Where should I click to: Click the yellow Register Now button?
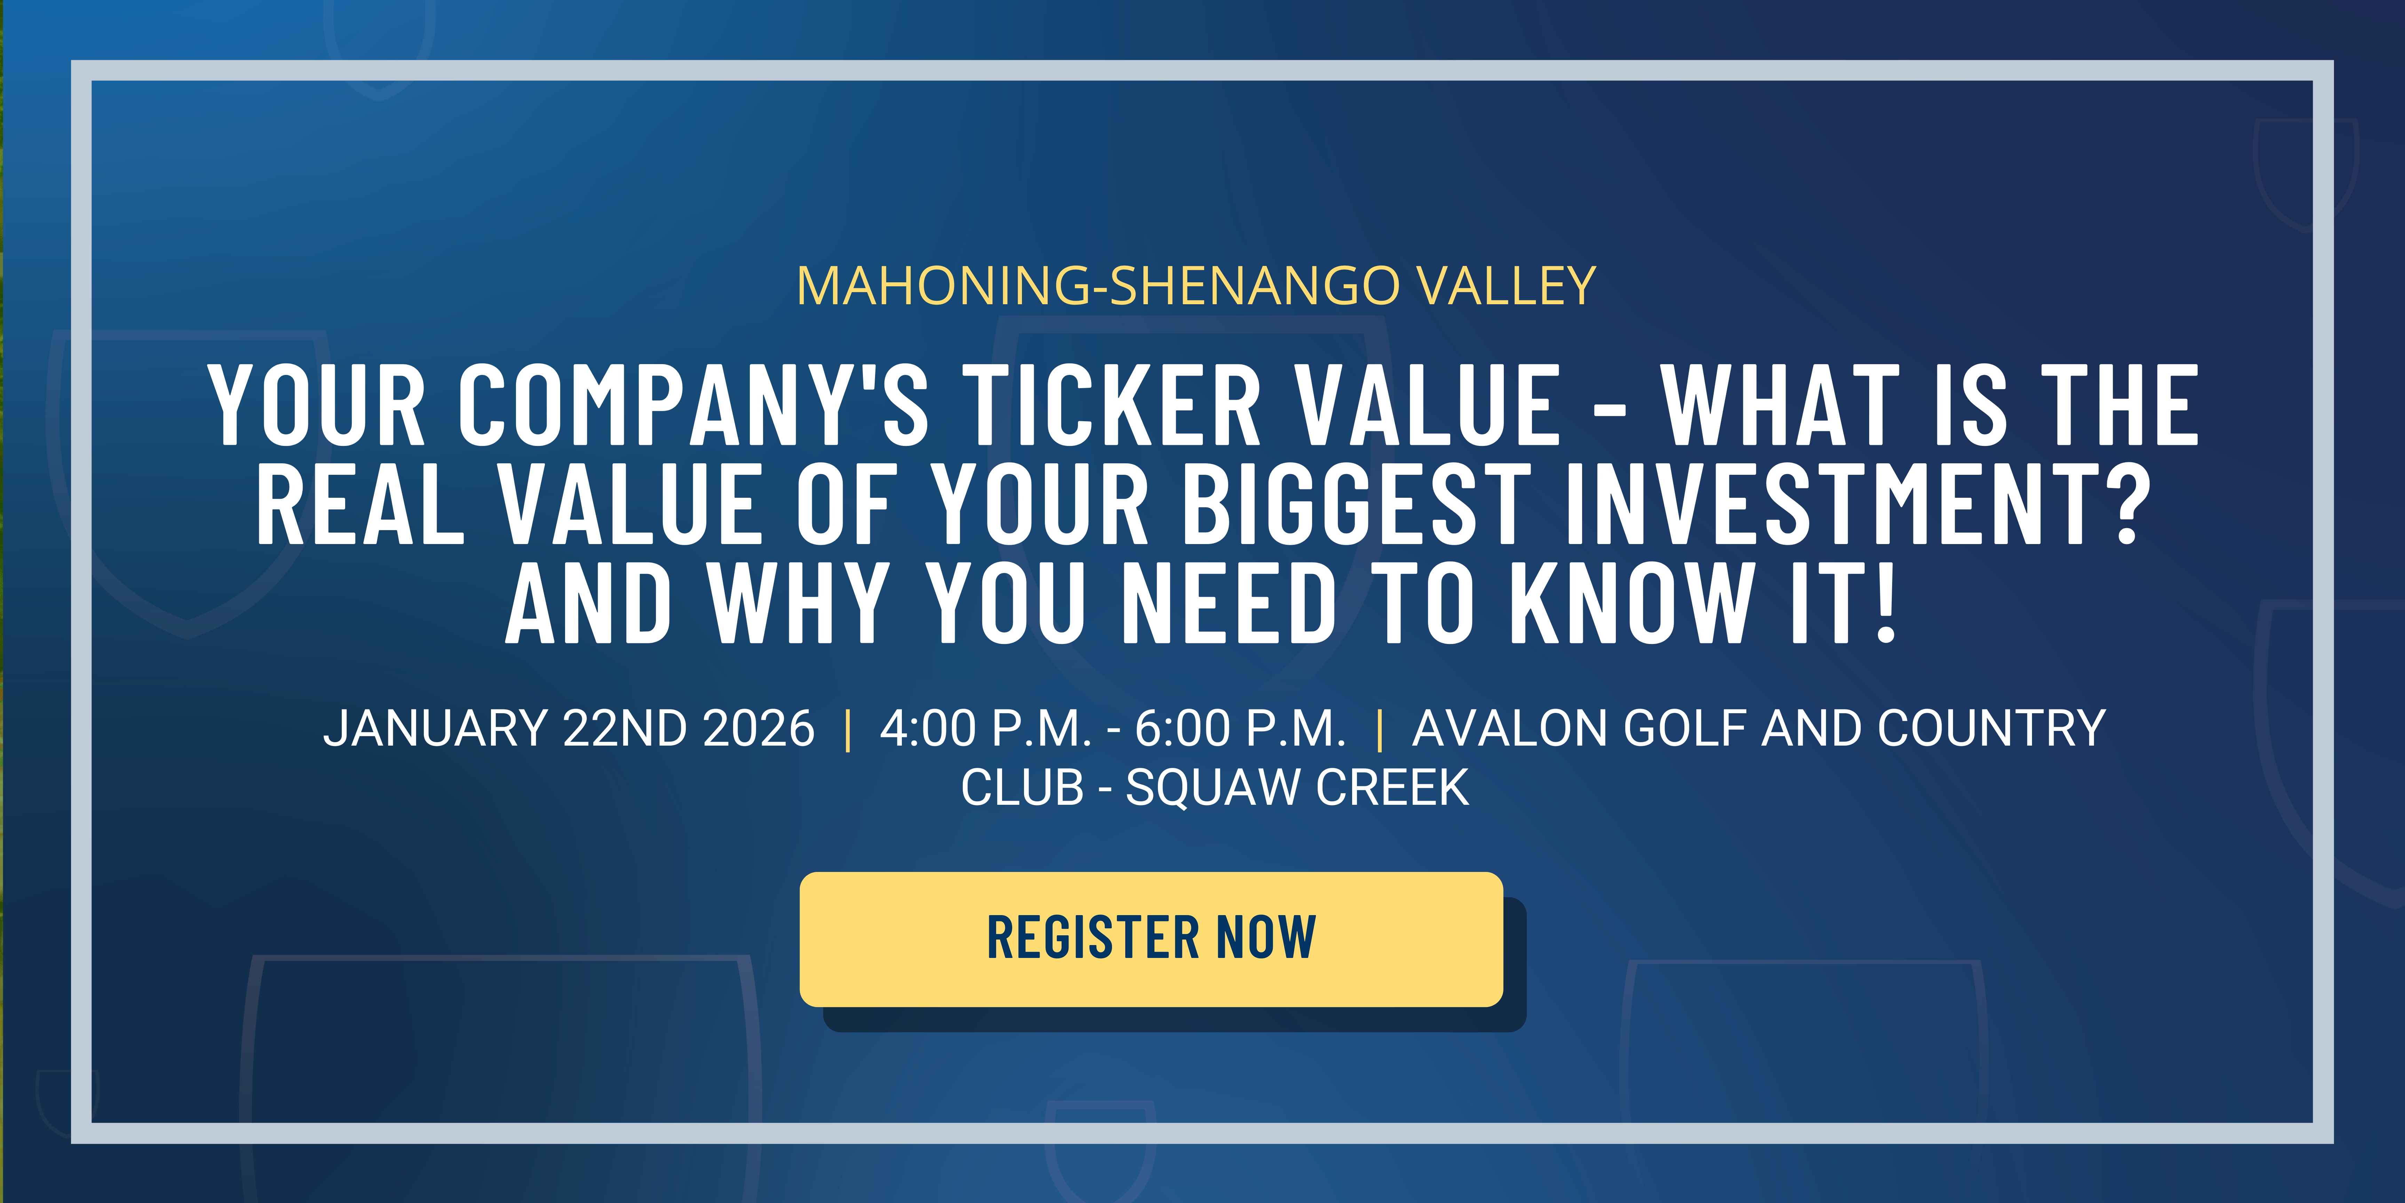coord(1151,939)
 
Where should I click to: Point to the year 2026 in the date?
coord(758,729)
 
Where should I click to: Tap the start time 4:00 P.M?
coord(985,729)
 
